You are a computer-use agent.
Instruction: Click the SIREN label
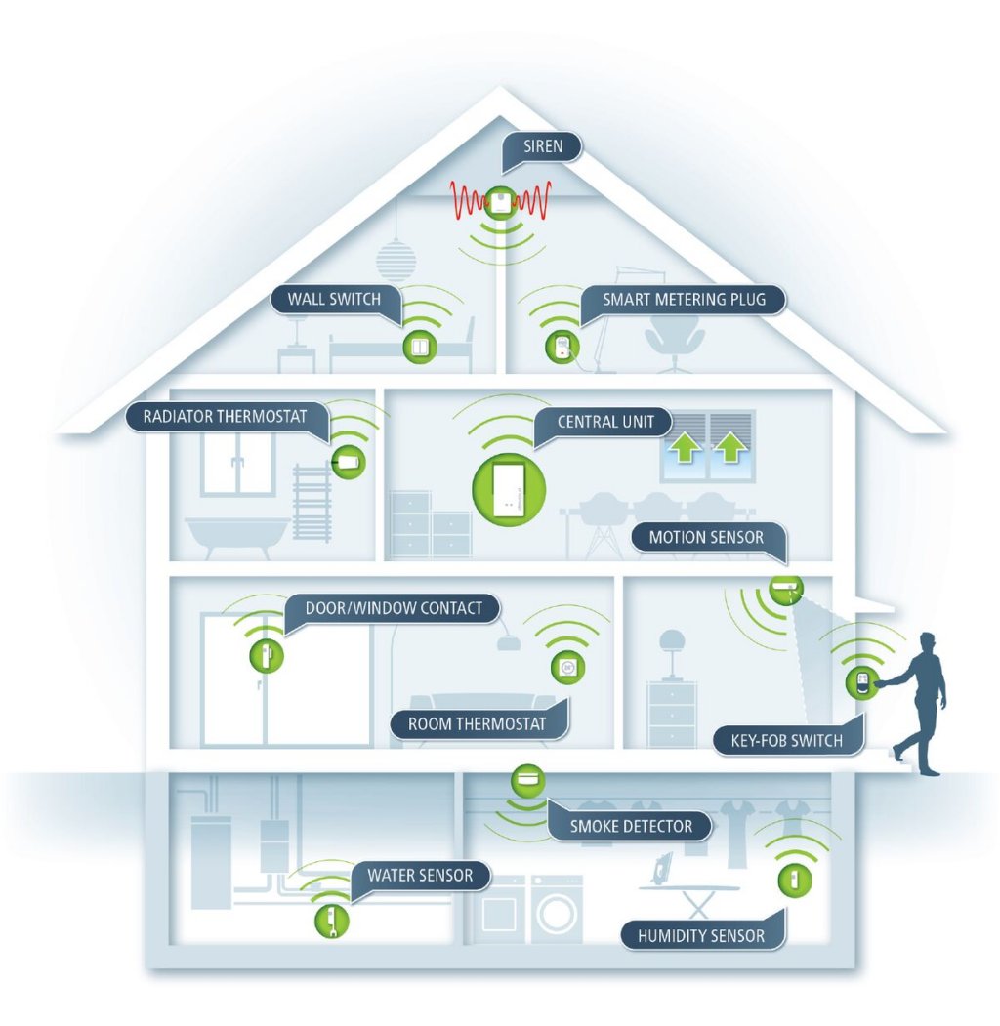543,146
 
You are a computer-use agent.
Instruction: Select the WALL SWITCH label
334,299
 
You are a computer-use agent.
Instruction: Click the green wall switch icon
420,347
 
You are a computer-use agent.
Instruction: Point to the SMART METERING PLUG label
684,300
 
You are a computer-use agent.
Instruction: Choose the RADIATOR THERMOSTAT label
226,417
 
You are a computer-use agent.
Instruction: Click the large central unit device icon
509,489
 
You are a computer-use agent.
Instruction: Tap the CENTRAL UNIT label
605,422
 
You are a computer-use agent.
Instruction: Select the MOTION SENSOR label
706,537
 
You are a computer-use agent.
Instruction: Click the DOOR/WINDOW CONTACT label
394,608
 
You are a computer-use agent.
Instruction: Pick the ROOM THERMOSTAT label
478,723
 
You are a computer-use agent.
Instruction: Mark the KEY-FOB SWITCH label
787,741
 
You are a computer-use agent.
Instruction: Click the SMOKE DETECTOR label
631,827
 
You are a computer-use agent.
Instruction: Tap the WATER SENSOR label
420,876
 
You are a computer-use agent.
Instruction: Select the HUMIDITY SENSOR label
701,936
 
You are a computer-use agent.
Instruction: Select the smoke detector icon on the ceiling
527,781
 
